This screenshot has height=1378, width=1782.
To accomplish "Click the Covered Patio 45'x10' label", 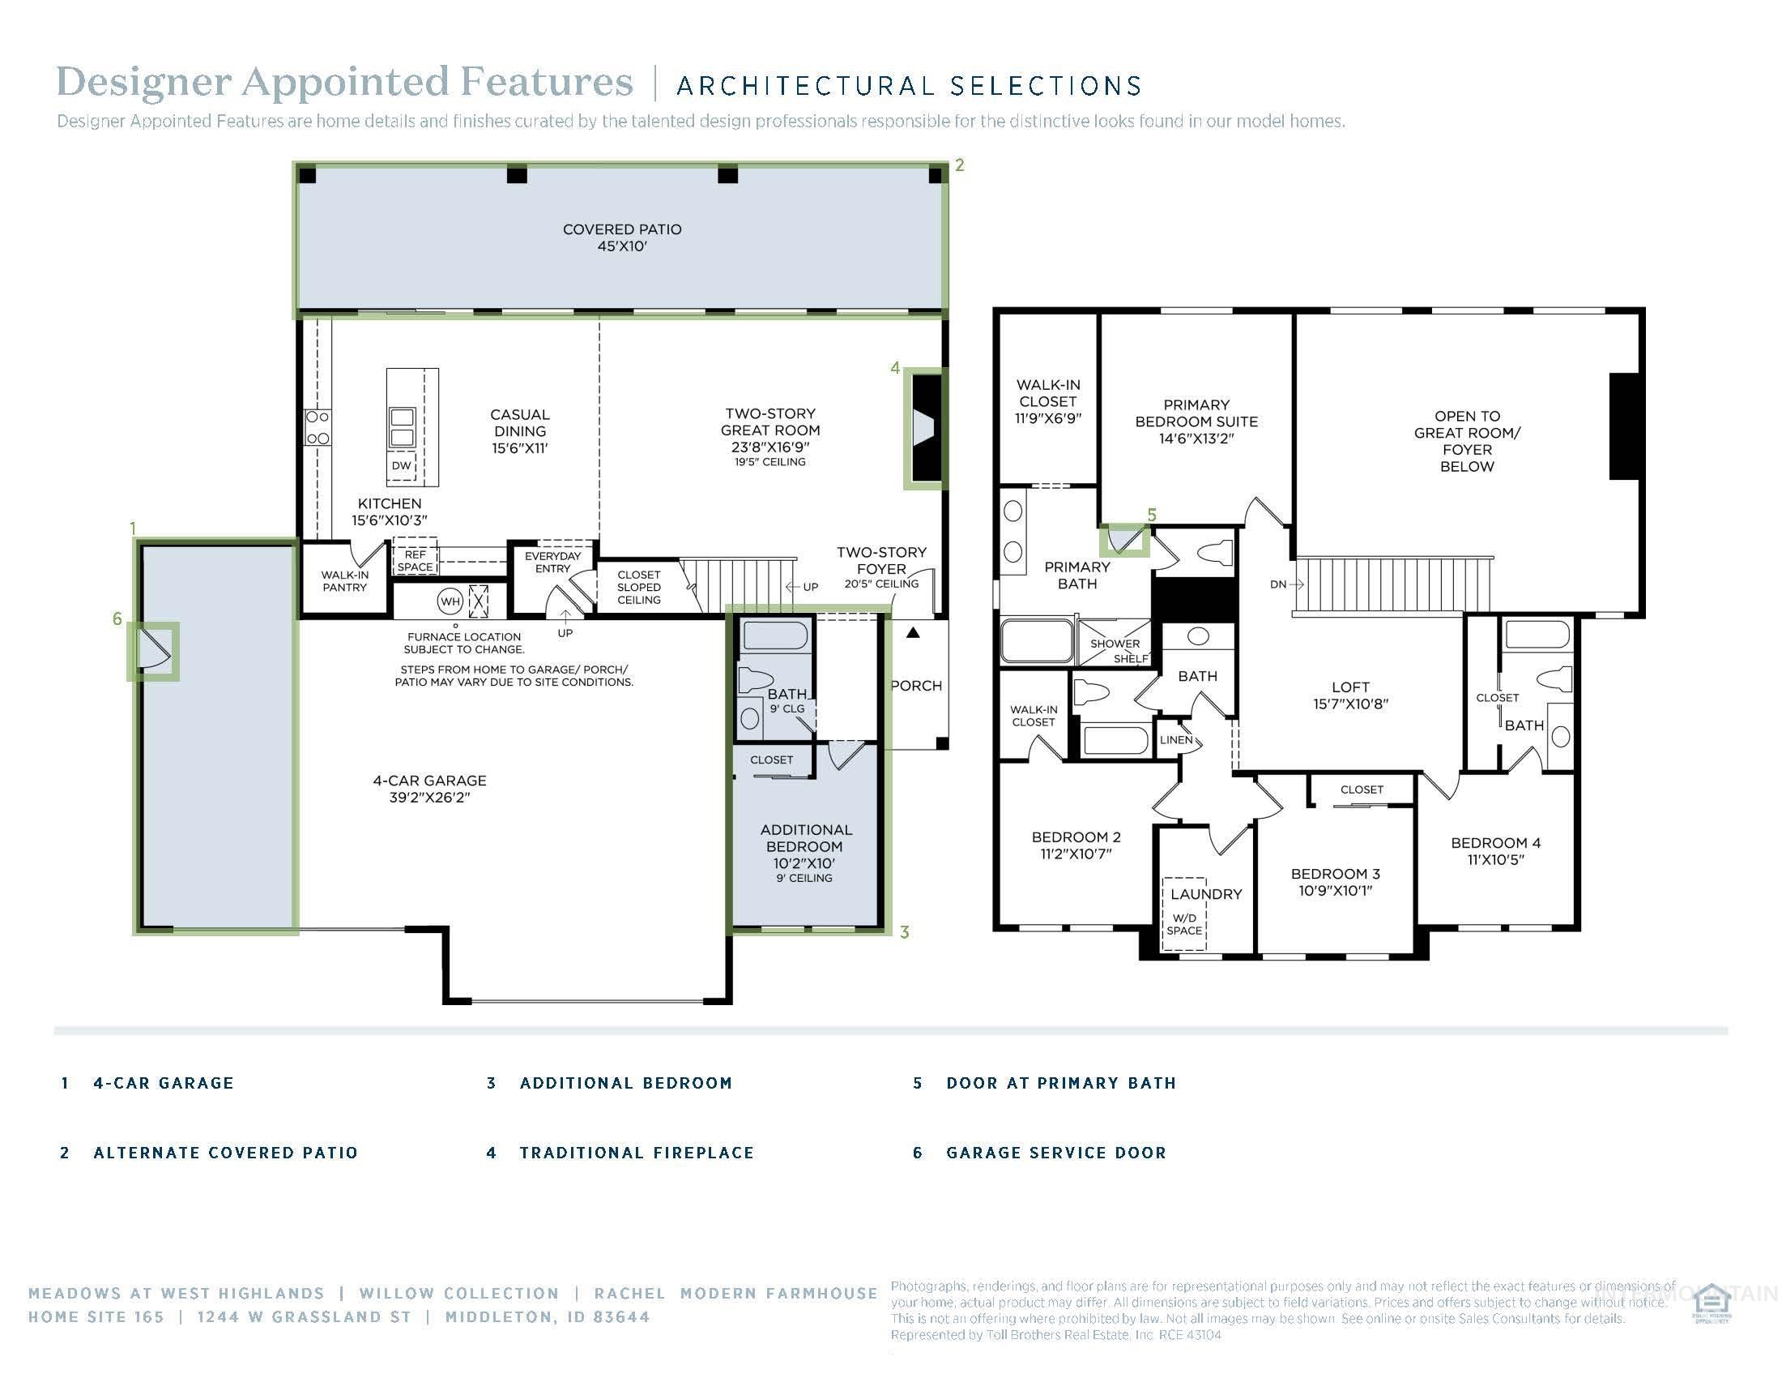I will [x=622, y=238].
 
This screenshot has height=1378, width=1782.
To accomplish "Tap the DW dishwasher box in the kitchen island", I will [x=401, y=466].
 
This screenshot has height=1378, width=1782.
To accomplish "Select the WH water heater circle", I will [x=450, y=601].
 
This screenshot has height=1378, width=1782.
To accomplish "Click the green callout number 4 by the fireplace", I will [x=895, y=368].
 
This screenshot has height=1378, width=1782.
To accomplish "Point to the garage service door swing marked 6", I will [x=153, y=651].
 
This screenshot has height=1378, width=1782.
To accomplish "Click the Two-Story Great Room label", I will [x=769, y=430].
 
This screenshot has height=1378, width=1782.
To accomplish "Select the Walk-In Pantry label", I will [x=344, y=580].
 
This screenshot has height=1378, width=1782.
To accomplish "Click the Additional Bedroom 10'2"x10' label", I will [x=805, y=846].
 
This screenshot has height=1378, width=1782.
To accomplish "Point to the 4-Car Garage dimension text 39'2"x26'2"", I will [x=430, y=798].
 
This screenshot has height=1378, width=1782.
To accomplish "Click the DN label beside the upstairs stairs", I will [x=1277, y=584].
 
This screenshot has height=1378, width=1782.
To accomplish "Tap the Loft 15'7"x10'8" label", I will [x=1350, y=695].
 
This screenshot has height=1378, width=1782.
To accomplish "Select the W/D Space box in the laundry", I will [x=1184, y=924].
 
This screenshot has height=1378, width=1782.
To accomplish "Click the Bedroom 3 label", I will [x=1335, y=882].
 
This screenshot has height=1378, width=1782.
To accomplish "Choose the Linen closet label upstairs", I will [x=1176, y=739].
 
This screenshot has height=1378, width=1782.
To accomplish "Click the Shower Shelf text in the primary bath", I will [x=1116, y=650].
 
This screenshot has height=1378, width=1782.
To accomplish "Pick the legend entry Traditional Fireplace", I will [x=637, y=1153].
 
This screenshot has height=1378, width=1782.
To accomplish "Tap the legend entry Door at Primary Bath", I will [x=1061, y=1083].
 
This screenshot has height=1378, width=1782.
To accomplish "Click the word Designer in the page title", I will [x=143, y=83].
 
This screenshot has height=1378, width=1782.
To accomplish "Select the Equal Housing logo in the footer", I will [x=1711, y=1303].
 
